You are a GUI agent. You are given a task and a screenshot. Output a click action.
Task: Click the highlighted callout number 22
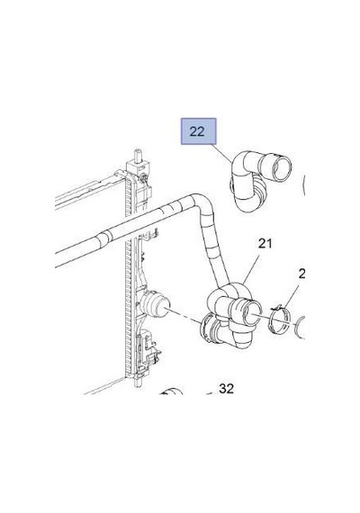click(197, 131)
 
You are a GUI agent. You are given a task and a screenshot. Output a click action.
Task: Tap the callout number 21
click(265, 243)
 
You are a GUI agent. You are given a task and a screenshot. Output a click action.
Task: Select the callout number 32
click(227, 389)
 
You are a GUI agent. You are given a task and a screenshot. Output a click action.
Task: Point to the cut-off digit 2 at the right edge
click(302, 274)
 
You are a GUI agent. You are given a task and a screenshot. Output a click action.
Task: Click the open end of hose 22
click(282, 168)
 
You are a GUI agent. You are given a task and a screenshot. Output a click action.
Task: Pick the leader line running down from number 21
click(251, 268)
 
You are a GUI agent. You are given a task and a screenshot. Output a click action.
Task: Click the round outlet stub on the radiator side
click(155, 304)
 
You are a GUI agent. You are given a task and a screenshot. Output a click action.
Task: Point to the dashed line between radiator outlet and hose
click(185, 315)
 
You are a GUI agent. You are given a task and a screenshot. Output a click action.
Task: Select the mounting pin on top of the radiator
click(138, 156)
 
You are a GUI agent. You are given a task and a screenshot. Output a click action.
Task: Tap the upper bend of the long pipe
click(201, 200)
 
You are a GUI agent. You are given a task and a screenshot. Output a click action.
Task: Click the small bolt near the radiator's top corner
click(143, 177)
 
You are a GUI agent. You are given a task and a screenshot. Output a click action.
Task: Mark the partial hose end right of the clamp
click(301, 328)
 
